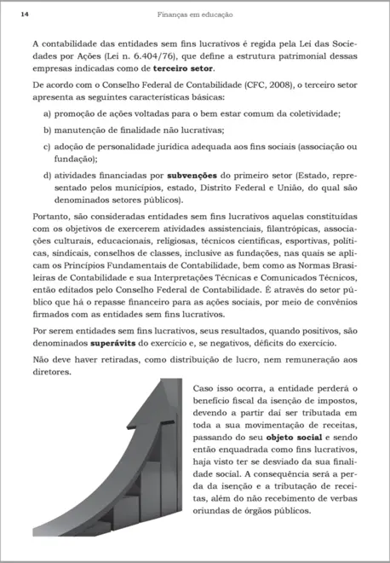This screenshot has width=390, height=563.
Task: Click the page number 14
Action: click(x=25, y=15)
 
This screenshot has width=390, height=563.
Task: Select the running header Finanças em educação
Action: click(x=194, y=15)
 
